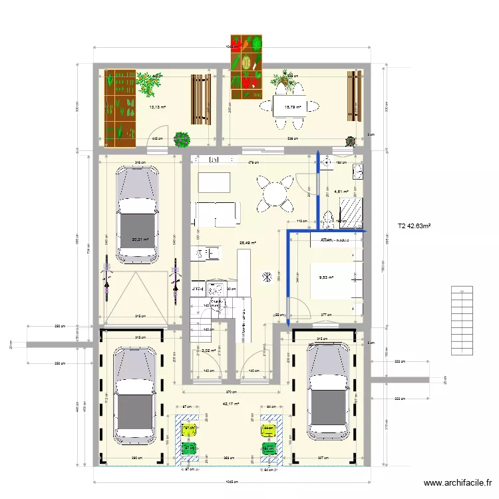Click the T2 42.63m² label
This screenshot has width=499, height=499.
[x=413, y=226]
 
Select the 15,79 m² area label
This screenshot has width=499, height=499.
[x=293, y=107]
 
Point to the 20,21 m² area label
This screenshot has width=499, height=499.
[x=140, y=241]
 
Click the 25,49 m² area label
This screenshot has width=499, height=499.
[x=248, y=244]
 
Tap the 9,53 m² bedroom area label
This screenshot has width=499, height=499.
[x=326, y=278]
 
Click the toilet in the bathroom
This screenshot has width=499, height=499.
[x=328, y=219]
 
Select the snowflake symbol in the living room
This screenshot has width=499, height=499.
[x=267, y=275]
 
